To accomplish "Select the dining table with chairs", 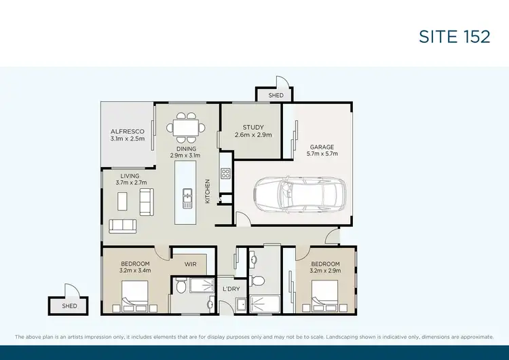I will (186, 127).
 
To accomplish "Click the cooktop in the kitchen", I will (226, 173).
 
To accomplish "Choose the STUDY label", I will (253, 127).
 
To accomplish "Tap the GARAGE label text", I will (323, 147).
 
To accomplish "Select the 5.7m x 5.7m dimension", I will (323, 154).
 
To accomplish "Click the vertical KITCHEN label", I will (208, 191).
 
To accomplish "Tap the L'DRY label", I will (231, 290).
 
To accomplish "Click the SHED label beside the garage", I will (276, 96).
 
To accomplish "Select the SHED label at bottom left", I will (69, 306).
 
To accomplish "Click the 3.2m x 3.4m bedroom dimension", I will (135, 270).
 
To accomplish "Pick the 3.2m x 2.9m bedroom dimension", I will (325, 270).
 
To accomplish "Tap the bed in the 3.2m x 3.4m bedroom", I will (136, 299).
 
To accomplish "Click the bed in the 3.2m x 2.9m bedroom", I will (326, 299).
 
